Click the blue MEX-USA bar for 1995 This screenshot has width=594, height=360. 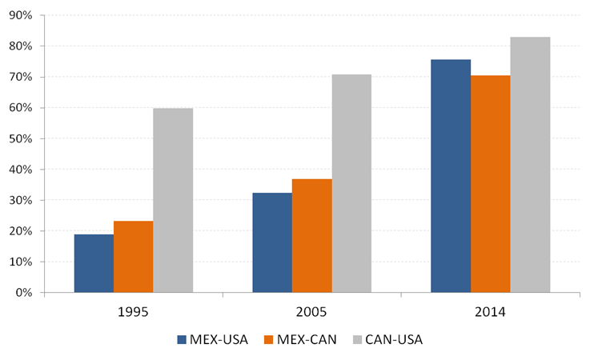click(x=94, y=263)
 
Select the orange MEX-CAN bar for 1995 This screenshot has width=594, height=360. click(x=134, y=257)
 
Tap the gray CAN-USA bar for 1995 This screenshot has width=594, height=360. click(x=173, y=200)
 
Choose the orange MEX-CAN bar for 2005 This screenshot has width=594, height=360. click(x=311, y=236)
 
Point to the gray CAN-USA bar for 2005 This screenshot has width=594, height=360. click(x=351, y=183)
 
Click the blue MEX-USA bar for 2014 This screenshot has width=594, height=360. click(x=451, y=176)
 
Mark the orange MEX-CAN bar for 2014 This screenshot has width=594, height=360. click(x=490, y=184)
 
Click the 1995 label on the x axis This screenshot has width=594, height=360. click(x=134, y=311)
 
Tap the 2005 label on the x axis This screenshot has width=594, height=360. click(x=311, y=311)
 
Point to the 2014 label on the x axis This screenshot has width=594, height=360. click(x=490, y=311)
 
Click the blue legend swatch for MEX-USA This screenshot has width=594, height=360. click(x=182, y=339)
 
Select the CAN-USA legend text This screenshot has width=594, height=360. click(x=393, y=339)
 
